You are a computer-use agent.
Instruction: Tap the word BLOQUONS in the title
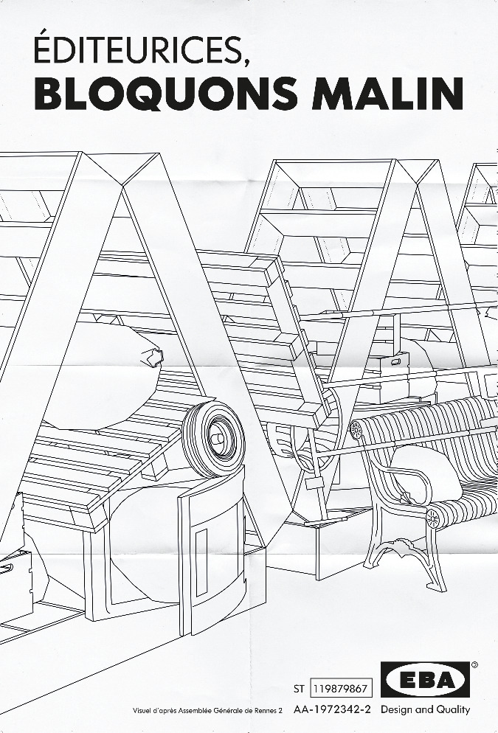(x=166, y=94)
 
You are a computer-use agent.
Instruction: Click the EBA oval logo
(x=425, y=679)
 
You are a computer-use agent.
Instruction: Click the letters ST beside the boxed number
(x=299, y=689)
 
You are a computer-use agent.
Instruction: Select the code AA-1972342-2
(x=332, y=709)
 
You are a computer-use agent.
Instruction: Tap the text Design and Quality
(x=425, y=709)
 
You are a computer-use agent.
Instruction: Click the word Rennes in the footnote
(x=265, y=711)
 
